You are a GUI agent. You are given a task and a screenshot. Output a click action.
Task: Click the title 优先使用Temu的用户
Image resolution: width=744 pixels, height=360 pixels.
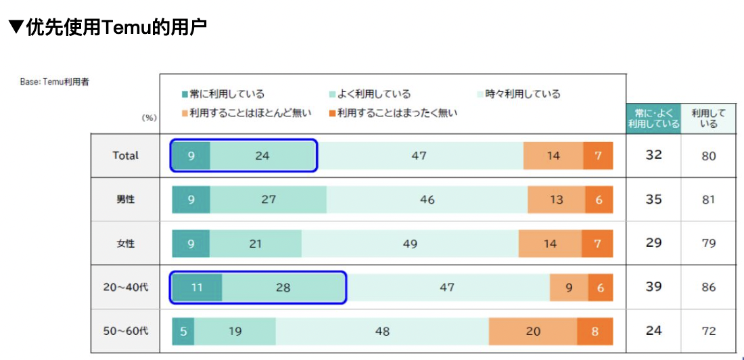(x=108, y=28)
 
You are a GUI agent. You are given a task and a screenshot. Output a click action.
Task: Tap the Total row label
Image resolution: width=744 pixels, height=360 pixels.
(x=125, y=156)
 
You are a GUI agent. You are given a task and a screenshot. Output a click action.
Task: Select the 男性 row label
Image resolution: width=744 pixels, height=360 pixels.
(x=125, y=200)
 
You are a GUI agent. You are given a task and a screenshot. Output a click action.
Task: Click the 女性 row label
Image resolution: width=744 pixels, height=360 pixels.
(x=125, y=244)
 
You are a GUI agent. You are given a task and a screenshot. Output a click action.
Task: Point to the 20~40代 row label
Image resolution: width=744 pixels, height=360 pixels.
(x=125, y=287)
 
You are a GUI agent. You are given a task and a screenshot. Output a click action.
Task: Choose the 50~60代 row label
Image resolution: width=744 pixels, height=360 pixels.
(x=125, y=331)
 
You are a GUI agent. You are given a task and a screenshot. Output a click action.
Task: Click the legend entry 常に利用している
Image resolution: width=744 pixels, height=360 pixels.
(x=223, y=94)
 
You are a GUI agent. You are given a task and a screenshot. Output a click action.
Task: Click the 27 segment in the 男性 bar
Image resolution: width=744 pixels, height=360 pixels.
(x=269, y=200)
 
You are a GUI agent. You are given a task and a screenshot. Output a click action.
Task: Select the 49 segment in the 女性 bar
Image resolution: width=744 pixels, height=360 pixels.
(x=410, y=244)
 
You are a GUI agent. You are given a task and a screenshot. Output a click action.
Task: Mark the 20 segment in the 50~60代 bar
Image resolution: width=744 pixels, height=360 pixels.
(x=533, y=331)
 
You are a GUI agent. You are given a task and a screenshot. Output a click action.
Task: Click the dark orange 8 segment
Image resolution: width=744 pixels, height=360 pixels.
(x=595, y=331)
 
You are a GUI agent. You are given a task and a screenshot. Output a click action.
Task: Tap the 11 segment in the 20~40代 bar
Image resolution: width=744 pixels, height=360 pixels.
(x=196, y=287)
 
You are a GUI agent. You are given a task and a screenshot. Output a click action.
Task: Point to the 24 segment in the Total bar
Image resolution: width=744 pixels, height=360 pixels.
(x=262, y=156)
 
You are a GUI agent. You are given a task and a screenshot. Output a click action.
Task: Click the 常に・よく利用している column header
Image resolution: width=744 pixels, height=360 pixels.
(x=653, y=118)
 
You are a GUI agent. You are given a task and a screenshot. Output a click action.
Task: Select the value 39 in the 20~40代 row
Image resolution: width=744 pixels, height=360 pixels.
(x=653, y=287)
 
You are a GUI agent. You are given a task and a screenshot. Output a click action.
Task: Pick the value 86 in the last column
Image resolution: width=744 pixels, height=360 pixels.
(x=708, y=288)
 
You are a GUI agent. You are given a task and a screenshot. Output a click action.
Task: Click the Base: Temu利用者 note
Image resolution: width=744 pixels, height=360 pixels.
(x=54, y=82)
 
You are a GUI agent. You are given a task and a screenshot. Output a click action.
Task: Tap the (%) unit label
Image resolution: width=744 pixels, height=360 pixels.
(x=149, y=118)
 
